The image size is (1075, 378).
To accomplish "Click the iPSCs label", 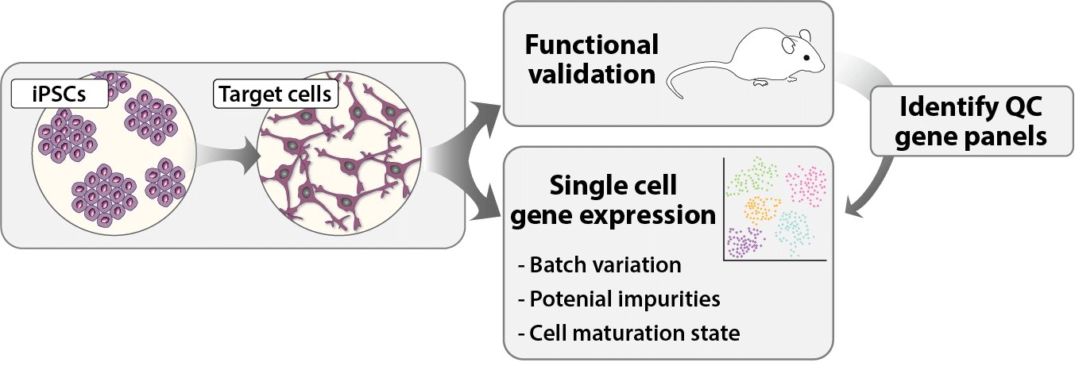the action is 60,94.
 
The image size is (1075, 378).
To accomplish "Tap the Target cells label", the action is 276,94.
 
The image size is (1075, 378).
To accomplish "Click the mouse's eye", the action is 806,57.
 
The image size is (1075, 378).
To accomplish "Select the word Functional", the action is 592,44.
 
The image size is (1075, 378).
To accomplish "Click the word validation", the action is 592,75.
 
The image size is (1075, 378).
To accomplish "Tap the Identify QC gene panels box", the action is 972,121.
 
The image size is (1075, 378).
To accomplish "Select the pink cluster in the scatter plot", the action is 806,186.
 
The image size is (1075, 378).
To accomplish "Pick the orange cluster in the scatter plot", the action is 760,210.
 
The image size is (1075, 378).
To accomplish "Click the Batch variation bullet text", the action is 600,264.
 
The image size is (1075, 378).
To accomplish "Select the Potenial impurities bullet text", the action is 619,299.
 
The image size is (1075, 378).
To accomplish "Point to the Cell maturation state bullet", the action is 629,333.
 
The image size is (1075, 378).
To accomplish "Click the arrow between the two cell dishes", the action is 226,156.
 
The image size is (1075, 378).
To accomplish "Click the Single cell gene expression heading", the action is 613,200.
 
